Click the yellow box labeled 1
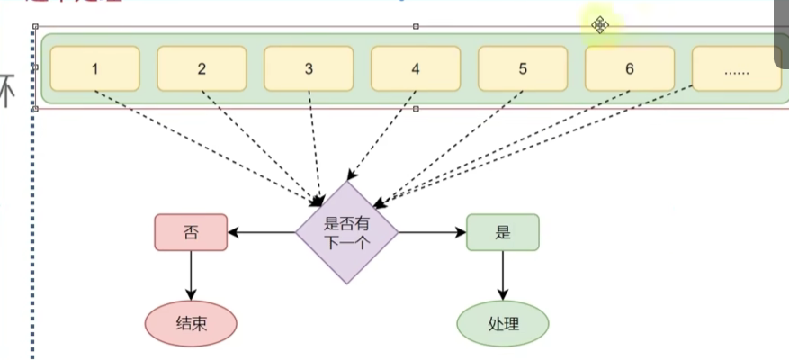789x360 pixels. pos(94,69)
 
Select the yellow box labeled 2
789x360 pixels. pos(202,69)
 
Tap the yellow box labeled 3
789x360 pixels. pos(309,69)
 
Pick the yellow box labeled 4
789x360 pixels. pos(416,69)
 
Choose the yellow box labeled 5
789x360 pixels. pos(523,69)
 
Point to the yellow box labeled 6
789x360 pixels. pos(630,69)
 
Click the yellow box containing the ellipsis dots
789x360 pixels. pos(736,69)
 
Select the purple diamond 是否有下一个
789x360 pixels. pos(346,231)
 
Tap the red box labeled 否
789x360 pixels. pos(191,232)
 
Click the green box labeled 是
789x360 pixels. pos(503,232)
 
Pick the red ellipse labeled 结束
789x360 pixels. pos(191,322)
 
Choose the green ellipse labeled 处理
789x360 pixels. pos(503,322)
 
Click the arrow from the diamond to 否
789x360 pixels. pos(262,232)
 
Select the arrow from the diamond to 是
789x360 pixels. pos(432,232)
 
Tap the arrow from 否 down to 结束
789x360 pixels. pos(191,274)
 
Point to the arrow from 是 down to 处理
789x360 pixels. pos(503,274)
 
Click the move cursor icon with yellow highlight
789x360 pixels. pos(600,24)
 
